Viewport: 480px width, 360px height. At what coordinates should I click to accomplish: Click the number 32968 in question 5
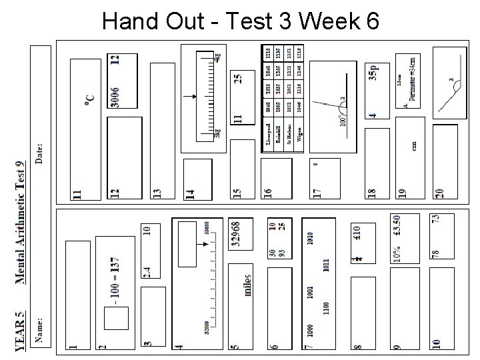click(235, 235)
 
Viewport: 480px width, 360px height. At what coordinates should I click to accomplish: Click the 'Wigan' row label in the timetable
click(299, 135)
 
